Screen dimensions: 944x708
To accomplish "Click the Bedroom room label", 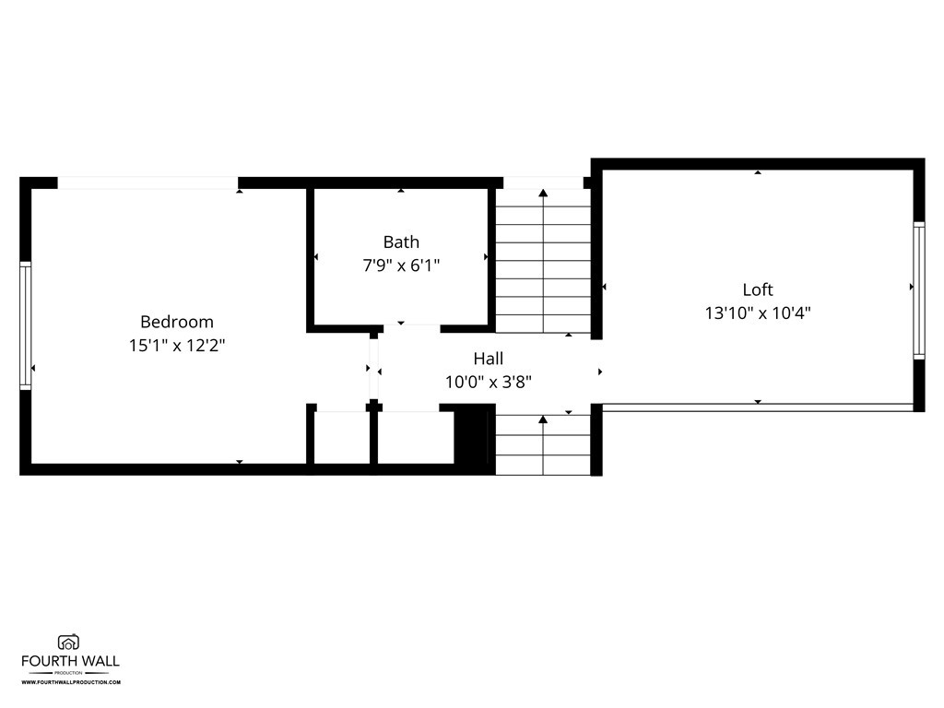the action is point(177,322).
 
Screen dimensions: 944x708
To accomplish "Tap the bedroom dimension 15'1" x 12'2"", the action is point(177,346).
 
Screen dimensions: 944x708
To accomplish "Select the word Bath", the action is point(401,242).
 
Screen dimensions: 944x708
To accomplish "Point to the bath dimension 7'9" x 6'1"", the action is point(401,265).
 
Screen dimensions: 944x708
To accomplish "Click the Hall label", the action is point(489,359).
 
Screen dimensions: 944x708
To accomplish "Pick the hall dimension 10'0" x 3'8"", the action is point(489,382).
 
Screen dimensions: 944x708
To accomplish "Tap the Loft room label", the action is point(758,289).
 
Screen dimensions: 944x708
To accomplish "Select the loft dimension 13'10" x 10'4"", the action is point(758,313).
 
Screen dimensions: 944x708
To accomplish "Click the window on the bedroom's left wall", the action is point(25,325).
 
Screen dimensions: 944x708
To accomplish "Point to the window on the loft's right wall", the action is point(919,290).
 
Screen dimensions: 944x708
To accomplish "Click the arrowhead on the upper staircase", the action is point(543,193).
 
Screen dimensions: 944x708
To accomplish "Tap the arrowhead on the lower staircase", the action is point(543,419).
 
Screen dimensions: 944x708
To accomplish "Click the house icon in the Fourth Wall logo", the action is point(68,643).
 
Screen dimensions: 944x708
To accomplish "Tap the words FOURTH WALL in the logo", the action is point(70,661).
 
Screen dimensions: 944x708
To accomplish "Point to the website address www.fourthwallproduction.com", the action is point(71,682).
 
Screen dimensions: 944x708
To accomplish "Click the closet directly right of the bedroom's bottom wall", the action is point(342,438).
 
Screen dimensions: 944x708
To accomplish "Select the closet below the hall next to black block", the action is point(416,438).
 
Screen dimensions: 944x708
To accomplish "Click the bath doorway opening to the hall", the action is point(412,329).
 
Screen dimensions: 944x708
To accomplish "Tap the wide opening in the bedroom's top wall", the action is point(148,183).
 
